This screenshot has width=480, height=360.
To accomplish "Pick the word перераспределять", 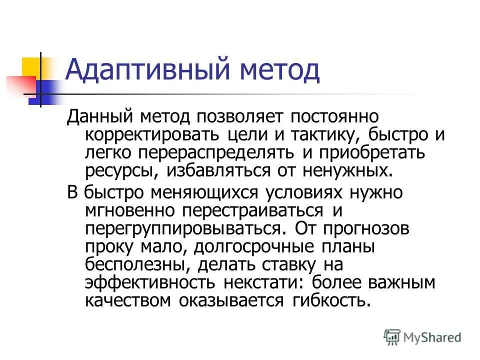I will click(x=203, y=152).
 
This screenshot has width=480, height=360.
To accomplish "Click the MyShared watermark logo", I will click(x=422, y=336).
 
